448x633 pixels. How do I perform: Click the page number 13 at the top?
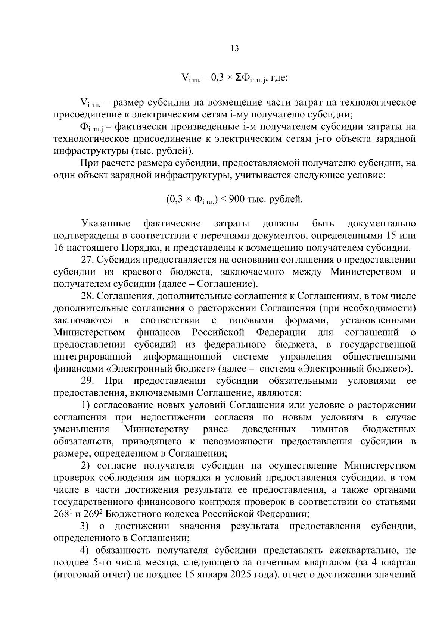[235, 48]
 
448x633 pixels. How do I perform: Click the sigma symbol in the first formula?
[238, 78]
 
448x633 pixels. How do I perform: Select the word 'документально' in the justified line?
[381, 224]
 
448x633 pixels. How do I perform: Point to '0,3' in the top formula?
[217, 78]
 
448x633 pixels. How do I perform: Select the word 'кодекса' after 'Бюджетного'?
[184, 514]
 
